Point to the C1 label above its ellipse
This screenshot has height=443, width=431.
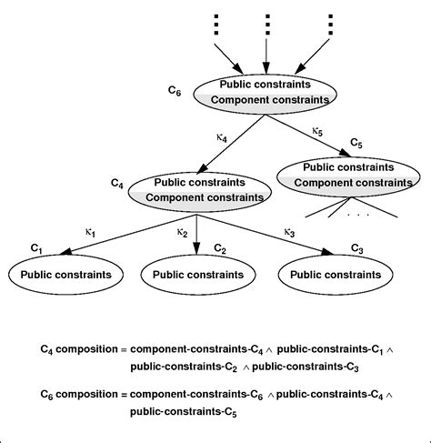tap(37, 248)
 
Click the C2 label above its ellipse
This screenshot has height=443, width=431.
tap(220, 248)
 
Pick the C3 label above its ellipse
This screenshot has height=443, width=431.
tap(356, 248)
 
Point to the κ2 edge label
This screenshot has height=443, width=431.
tap(183, 233)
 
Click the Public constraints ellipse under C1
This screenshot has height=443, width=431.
tap(64, 273)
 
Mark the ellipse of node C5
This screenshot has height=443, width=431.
tap(348, 175)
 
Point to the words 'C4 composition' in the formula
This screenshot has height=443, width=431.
tap(81, 348)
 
